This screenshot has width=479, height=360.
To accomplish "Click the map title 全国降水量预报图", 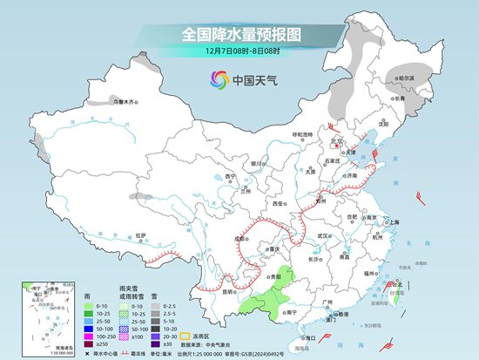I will pyautogui.click(x=239, y=34).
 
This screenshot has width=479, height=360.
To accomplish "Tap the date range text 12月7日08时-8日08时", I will pyautogui.click(x=239, y=54).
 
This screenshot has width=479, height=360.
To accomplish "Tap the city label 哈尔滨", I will pyautogui.click(x=407, y=78).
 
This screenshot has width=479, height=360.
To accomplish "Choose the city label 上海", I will pyautogui.click(x=392, y=221).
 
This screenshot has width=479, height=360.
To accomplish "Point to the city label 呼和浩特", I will pyautogui.click(x=302, y=134).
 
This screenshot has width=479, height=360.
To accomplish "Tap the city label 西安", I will pyautogui.click(x=279, y=203).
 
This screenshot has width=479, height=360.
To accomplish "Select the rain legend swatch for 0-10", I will pyautogui.click(x=89, y=306).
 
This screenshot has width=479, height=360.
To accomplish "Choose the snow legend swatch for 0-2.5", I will pyautogui.click(x=154, y=306).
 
